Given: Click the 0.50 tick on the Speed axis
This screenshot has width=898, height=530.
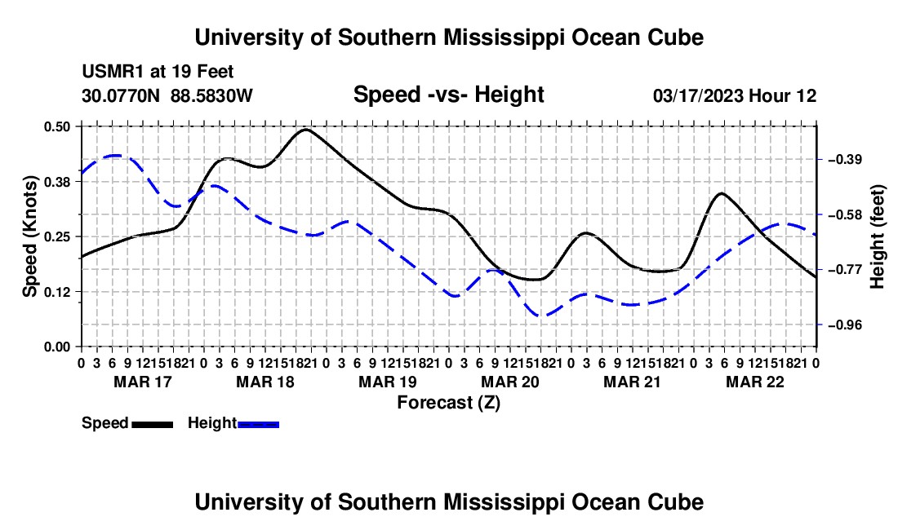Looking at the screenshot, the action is (56, 126).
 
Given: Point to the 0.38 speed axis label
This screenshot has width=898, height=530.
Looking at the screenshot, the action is (56, 182).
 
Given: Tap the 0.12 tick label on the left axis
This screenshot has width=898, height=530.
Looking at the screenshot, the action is (56, 292).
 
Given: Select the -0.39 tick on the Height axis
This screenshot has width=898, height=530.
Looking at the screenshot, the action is (845, 160).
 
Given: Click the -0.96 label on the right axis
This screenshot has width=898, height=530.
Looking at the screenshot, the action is (845, 325).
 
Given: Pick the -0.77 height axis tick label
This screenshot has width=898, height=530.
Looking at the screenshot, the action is (845, 270).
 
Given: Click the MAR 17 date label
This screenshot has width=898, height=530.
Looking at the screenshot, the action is (143, 382).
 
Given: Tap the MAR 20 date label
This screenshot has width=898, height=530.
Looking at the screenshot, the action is (509, 382).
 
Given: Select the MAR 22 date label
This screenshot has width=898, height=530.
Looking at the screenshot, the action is (755, 382).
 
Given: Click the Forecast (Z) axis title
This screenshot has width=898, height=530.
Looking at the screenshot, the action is (448, 403).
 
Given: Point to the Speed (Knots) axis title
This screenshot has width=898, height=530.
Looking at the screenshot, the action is (30, 236).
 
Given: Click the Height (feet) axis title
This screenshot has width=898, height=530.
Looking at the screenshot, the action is (877, 236).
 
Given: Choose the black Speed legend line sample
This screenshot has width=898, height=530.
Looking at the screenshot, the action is (153, 424).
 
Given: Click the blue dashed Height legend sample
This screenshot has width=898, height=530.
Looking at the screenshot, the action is (258, 424).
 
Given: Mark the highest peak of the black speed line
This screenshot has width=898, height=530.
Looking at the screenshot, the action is (306, 129).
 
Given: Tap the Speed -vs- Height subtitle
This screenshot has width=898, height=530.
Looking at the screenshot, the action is (448, 95).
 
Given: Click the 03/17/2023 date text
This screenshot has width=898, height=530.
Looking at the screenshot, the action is (698, 95).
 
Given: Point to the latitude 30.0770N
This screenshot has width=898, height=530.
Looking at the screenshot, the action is (120, 95).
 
